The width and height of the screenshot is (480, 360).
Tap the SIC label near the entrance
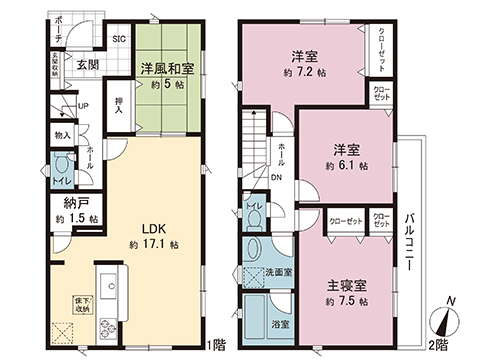pos(118,39)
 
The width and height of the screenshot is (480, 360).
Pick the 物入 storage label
pos(61,133)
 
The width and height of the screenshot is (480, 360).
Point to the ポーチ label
pos(57,23)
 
